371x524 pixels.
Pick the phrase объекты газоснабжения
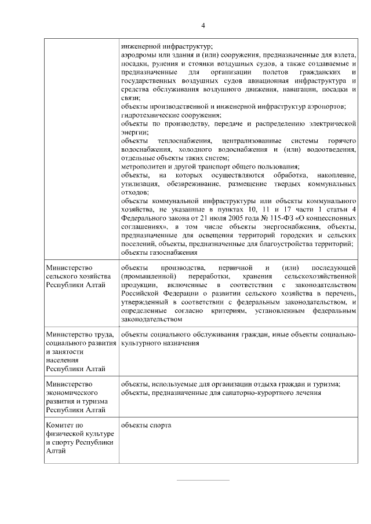coord(159,252)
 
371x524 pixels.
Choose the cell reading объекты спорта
coord(146,426)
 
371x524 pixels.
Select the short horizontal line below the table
coord(203,480)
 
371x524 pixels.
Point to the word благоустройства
coord(280,244)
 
